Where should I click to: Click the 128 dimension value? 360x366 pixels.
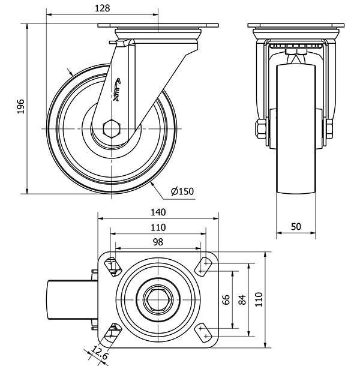coord(103,8)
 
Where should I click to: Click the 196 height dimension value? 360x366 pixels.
coord(20,107)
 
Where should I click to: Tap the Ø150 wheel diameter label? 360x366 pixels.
coord(182,191)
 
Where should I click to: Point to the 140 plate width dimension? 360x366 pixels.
coord(157,212)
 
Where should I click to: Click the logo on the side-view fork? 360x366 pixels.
coord(118,88)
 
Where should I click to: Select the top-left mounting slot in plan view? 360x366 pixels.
coord(112,265)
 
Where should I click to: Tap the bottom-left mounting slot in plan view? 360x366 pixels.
coord(112,330)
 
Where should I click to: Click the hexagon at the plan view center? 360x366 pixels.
coord(158,298)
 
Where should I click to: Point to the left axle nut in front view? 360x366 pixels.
coord(261,130)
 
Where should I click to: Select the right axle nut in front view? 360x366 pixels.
coord(329,130)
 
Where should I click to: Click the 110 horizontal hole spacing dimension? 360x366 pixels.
coord(157,227)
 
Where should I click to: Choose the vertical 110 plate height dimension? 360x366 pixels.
coord(259,298)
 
